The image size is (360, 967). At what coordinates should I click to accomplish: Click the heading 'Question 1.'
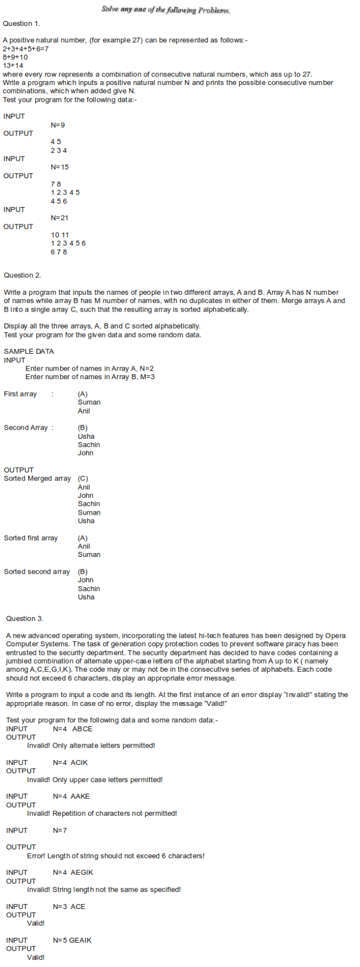(x=21, y=24)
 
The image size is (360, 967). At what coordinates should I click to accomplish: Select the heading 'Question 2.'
(x=22, y=275)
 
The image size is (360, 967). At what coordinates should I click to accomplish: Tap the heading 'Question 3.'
(x=25, y=619)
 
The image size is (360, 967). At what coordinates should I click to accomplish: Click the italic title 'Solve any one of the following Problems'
(x=166, y=10)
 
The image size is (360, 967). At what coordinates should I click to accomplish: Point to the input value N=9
(x=58, y=125)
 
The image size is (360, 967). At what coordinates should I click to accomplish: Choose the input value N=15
(x=60, y=167)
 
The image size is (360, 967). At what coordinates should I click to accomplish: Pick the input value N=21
(x=60, y=218)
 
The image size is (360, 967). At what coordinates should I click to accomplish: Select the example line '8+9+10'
(x=15, y=57)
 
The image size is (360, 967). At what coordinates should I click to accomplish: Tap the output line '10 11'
(x=60, y=235)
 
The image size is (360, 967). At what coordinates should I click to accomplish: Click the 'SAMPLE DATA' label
(x=29, y=352)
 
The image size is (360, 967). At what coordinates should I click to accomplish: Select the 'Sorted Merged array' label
(x=38, y=479)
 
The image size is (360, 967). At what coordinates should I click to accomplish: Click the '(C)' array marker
(x=83, y=479)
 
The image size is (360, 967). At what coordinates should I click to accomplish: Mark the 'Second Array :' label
(x=29, y=428)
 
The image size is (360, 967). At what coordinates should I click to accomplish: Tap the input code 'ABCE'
(x=82, y=729)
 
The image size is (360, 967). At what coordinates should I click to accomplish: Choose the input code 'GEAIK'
(x=80, y=941)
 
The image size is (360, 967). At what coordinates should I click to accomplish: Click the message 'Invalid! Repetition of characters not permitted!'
(x=102, y=813)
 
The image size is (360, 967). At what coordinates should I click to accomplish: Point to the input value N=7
(x=60, y=830)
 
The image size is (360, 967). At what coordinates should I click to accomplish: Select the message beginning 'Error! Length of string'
(x=116, y=856)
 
